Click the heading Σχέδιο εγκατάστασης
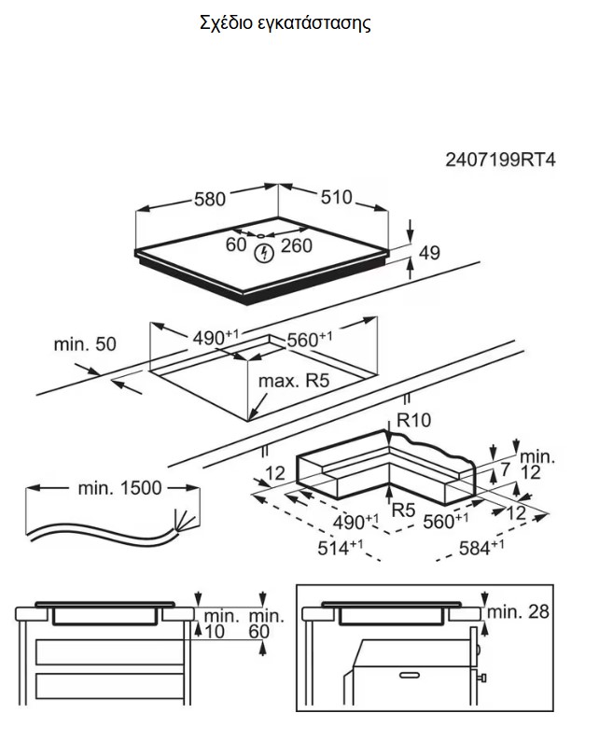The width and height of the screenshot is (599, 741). pyautogui.click(x=285, y=23)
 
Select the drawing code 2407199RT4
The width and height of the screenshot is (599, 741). pyautogui.click(x=500, y=160)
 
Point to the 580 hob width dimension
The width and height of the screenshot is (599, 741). pyautogui.click(x=210, y=199)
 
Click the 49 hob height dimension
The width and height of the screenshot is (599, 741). pyautogui.click(x=429, y=252)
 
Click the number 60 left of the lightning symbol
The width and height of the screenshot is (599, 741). pyautogui.click(x=236, y=245)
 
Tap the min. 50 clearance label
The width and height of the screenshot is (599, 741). pyautogui.click(x=85, y=344)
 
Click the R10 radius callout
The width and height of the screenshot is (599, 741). pyautogui.click(x=413, y=421)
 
